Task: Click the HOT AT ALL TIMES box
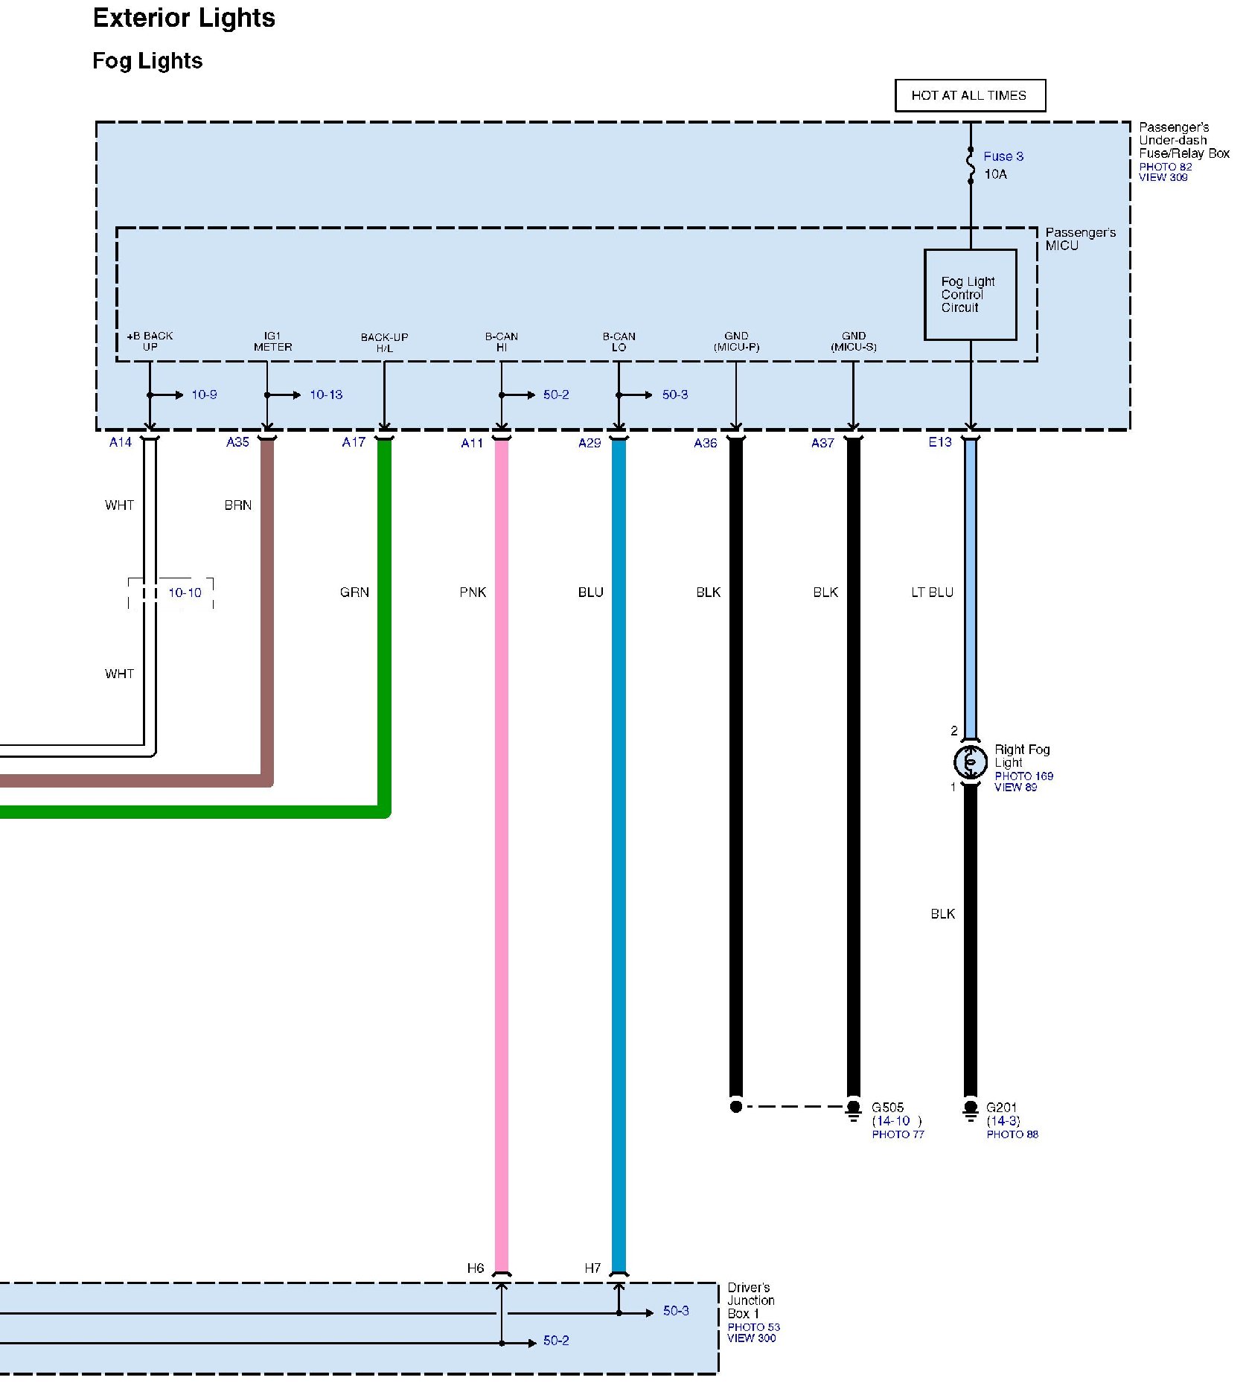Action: click(x=969, y=95)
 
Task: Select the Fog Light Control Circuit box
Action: click(x=969, y=295)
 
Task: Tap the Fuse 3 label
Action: click(x=1003, y=156)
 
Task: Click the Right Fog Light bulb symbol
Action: click(x=970, y=761)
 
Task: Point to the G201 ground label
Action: click(x=1001, y=1108)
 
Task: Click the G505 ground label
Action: click(x=887, y=1108)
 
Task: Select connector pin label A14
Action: click(x=121, y=442)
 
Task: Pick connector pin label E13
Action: click(x=939, y=442)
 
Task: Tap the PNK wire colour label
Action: click(x=473, y=593)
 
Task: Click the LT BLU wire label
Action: click(x=932, y=593)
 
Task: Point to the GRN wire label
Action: click(x=354, y=593)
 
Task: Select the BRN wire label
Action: click(x=238, y=505)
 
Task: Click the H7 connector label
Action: click(x=592, y=1268)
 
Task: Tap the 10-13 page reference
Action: click(x=326, y=395)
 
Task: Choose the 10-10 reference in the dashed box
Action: click(x=185, y=593)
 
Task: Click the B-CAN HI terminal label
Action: click(x=502, y=342)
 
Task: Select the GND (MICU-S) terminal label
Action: click(x=854, y=342)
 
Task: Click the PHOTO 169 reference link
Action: click(x=1023, y=776)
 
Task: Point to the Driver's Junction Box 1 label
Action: click(x=750, y=1300)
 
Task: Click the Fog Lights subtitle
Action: click(x=147, y=61)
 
